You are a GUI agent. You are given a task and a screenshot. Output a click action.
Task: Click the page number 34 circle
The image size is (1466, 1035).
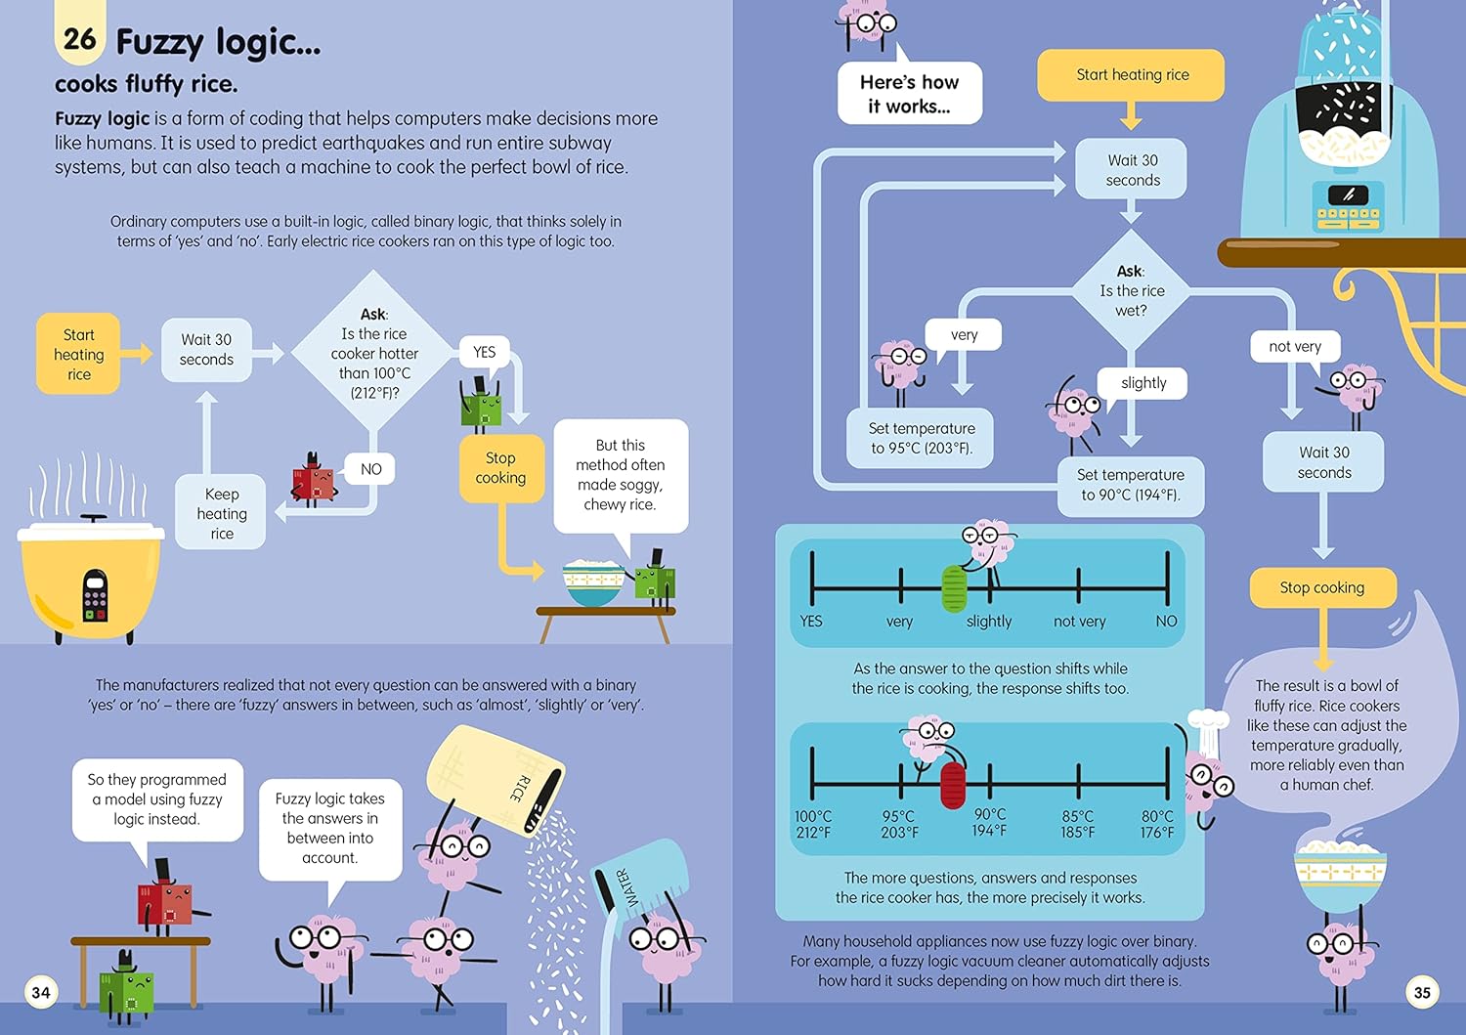(x=41, y=993)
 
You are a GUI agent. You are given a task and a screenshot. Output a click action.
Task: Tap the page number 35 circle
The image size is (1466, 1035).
(x=1422, y=993)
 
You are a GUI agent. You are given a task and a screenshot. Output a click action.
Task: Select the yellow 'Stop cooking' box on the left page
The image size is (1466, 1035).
(x=500, y=468)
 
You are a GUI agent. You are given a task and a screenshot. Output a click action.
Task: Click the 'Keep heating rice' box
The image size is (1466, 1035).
(x=222, y=513)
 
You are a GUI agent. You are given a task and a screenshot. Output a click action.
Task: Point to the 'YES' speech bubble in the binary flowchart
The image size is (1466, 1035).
(x=485, y=352)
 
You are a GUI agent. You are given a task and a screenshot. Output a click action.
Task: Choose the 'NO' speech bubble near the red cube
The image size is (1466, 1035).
(x=370, y=469)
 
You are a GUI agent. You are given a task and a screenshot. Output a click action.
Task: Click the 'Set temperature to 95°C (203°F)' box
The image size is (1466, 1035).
(x=922, y=438)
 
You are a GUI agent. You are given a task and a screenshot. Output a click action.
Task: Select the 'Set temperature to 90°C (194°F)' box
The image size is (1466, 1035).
(x=1130, y=485)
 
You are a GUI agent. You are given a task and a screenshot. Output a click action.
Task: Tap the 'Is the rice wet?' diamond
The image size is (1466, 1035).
(x=1131, y=290)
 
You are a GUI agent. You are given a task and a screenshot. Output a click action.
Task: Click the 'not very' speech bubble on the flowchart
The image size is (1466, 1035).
(x=1295, y=346)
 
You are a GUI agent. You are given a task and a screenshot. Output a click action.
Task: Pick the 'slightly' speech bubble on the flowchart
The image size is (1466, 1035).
(x=1143, y=383)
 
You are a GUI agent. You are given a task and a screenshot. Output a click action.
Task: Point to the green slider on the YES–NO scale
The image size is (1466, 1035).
(x=954, y=588)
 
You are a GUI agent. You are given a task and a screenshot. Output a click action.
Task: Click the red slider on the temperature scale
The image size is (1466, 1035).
(x=953, y=785)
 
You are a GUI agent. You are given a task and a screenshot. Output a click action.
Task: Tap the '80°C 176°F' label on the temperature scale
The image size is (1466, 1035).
(x=1157, y=824)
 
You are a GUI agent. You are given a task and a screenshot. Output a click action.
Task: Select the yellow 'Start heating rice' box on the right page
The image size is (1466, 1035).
(x=1132, y=75)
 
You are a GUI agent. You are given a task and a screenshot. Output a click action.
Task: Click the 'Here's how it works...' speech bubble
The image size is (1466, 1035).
(x=909, y=94)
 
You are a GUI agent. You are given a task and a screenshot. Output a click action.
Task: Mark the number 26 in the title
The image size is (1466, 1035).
(x=79, y=39)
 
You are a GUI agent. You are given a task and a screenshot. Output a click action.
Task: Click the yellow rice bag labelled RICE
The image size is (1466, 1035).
(x=495, y=782)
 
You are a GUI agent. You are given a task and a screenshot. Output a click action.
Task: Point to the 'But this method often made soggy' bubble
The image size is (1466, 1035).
(x=621, y=475)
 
